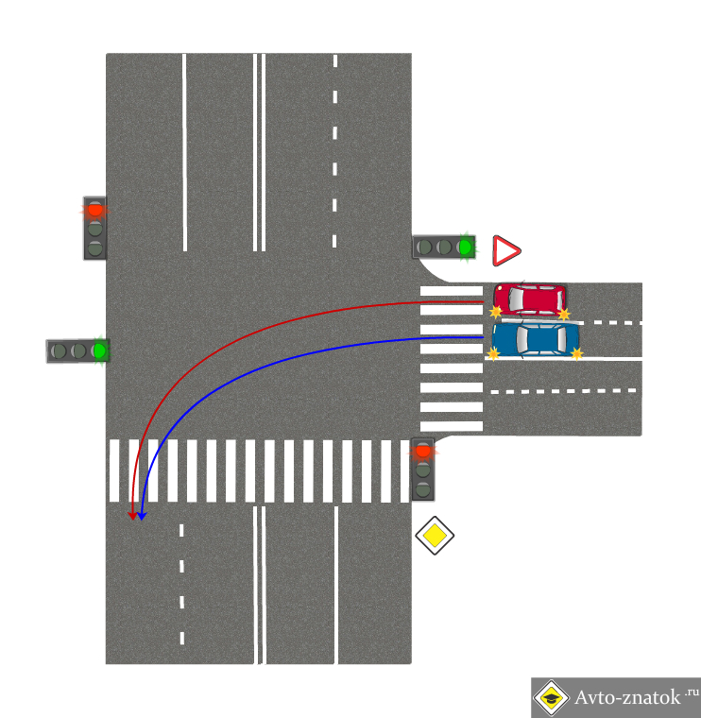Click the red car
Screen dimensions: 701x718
tap(530, 299)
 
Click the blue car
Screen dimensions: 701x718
tap(535, 339)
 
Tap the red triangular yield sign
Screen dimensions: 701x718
tap(506, 250)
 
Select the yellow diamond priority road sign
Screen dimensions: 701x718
tap(435, 536)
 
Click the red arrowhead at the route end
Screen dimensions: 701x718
tap(133, 516)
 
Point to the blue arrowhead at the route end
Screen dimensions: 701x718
tap(142, 516)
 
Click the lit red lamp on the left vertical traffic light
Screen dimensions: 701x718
tap(95, 210)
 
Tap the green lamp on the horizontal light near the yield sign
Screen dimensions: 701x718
tap(465, 248)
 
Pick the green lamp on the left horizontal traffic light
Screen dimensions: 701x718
tap(99, 351)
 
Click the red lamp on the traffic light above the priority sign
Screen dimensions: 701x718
tap(423, 451)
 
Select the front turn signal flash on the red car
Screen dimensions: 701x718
tap(496, 312)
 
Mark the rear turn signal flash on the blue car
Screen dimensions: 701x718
tap(577, 353)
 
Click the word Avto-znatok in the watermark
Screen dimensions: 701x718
tap(627, 697)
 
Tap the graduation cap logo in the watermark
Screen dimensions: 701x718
tap(552, 697)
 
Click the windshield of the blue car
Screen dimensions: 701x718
tap(521, 339)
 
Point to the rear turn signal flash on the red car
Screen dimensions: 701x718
tap(564, 314)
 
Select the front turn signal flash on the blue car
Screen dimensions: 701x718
tap(493, 353)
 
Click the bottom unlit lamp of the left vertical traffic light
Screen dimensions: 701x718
tap(95, 248)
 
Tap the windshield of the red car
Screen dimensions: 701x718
tap(516, 299)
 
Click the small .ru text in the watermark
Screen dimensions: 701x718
tap(692, 692)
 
